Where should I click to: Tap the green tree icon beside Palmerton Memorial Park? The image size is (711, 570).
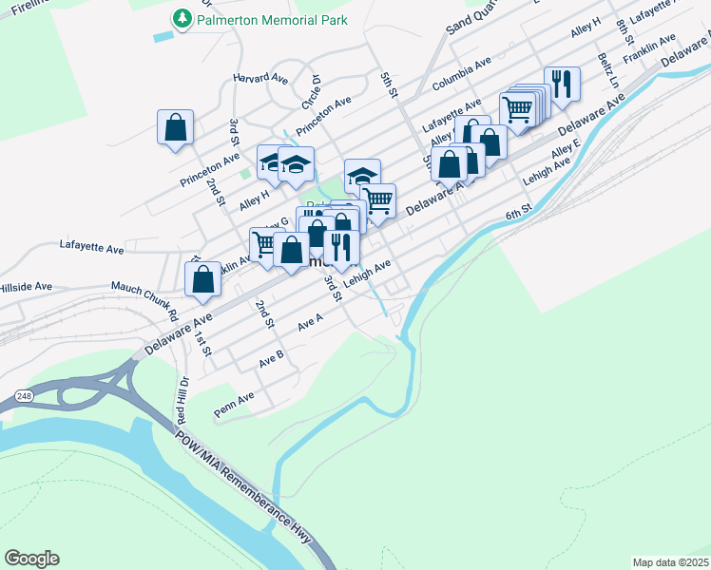pyautogui.click(x=181, y=18)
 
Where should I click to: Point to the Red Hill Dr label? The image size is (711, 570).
pyautogui.click(x=183, y=399)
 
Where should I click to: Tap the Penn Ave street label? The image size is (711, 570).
pyautogui.click(x=233, y=404)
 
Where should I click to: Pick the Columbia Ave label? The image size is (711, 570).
pyautogui.click(x=461, y=73)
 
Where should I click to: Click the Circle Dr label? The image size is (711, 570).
pyautogui.click(x=312, y=91)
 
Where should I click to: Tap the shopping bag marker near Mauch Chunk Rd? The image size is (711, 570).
pyautogui.click(x=202, y=279)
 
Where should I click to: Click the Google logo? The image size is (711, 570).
pyautogui.click(x=31, y=559)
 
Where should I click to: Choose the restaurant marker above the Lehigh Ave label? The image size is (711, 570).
pyautogui.click(x=341, y=247)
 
